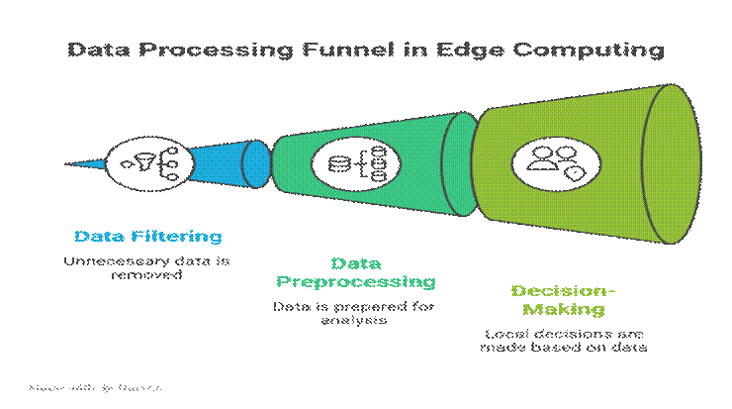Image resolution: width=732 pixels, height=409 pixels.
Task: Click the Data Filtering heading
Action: (148, 237)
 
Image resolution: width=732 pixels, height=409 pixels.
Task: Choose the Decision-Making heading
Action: (563, 300)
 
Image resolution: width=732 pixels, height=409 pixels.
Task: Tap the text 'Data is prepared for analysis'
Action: (354, 314)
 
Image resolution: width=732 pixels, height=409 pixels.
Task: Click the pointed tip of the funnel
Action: (69, 162)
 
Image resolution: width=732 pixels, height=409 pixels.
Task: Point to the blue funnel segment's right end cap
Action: (256, 162)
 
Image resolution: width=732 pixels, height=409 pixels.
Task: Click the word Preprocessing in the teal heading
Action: (354, 282)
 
